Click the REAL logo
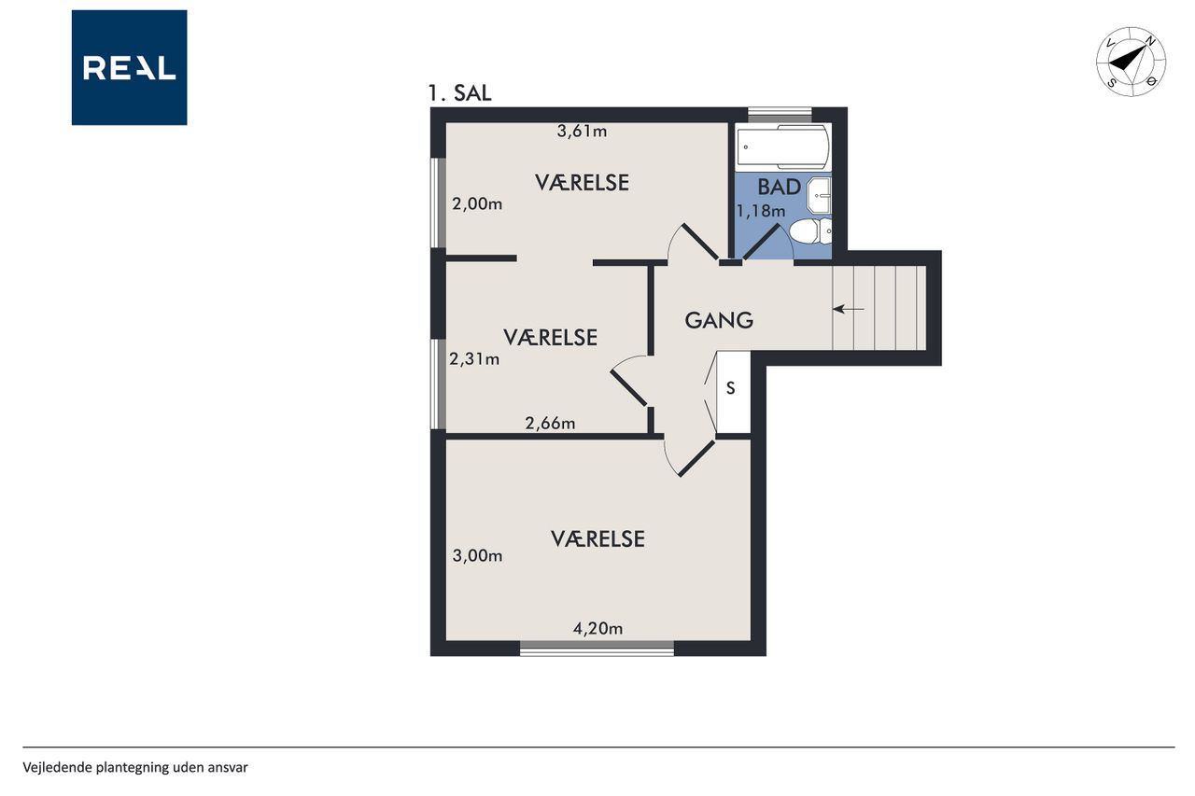[x=129, y=68]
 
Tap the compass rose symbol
[x=1131, y=62]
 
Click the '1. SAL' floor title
[x=459, y=93]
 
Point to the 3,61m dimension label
[x=582, y=132]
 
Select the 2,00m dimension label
[x=477, y=203]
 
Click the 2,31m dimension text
[x=474, y=359]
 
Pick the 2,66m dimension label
[x=550, y=424]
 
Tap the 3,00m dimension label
[x=477, y=556]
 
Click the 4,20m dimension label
[x=597, y=629]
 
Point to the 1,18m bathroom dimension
[x=761, y=211]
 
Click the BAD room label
[x=780, y=188]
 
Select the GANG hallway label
[x=719, y=320]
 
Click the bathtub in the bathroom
[x=782, y=147]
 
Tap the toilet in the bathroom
[x=810, y=230]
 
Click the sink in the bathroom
[x=819, y=195]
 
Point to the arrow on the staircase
[x=849, y=309]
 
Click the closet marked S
[x=733, y=392]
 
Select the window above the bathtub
[x=780, y=115]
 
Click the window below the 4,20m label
[x=597, y=649]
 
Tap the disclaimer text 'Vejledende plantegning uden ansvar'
[x=135, y=768]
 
